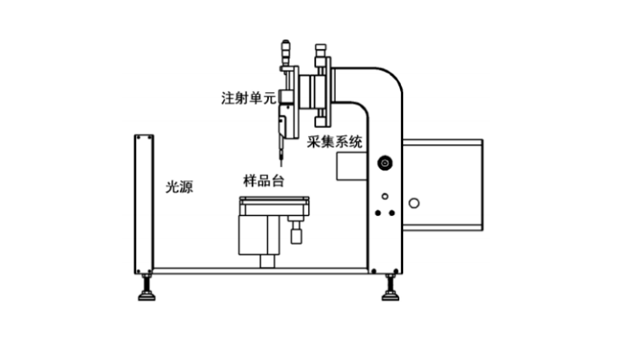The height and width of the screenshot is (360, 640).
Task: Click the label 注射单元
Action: click(x=248, y=99)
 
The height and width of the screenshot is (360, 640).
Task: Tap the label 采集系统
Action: click(x=335, y=142)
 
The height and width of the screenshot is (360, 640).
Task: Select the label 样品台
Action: click(x=263, y=180)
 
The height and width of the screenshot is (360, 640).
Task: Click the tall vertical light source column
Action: click(x=143, y=204)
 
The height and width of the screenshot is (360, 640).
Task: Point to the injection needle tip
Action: click(x=280, y=163)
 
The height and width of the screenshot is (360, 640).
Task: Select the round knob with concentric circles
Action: click(x=385, y=164)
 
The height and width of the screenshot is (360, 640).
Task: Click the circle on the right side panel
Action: click(x=414, y=202)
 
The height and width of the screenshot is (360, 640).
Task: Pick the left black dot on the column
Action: click(x=378, y=213)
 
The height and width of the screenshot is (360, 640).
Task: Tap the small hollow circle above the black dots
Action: click(x=385, y=196)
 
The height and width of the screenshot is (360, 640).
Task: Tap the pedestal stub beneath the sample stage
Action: click(x=267, y=261)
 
